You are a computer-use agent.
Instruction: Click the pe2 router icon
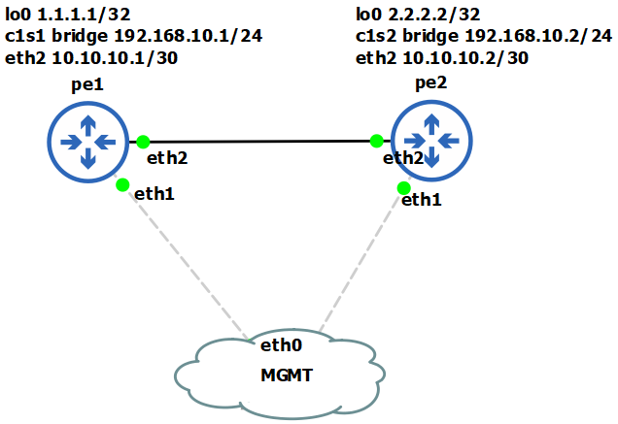coord(431,139)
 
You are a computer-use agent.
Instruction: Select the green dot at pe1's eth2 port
coord(143,141)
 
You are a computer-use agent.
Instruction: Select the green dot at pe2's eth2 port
coord(377,141)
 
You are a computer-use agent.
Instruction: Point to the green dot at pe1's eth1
coord(122,184)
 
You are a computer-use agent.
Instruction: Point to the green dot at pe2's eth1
coord(402,187)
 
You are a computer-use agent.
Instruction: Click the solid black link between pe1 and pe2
coord(259,141)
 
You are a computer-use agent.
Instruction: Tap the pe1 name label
coord(87,85)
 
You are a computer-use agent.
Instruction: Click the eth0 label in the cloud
coord(282,343)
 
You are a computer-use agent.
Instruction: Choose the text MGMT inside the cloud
coord(286,375)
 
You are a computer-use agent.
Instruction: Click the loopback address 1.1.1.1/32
coord(79,15)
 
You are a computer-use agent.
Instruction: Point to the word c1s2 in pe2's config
coord(379,36)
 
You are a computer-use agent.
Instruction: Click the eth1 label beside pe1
coord(154,194)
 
